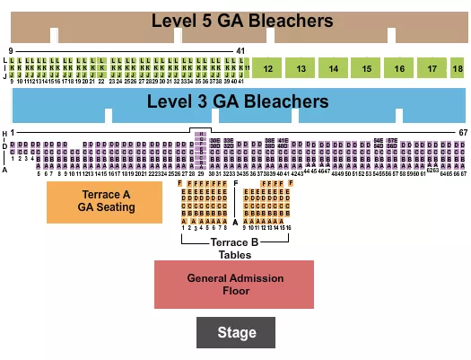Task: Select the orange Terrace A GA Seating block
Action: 105,202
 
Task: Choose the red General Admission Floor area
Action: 234,285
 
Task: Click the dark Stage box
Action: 236,333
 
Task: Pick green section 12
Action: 268,68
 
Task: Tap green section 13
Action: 301,68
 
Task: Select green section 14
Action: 334,68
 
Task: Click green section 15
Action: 366,68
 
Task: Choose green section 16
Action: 399,68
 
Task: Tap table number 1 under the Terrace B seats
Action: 183,228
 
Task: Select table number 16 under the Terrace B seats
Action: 289,228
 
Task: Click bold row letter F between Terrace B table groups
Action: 236,184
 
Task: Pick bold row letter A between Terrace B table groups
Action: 236,221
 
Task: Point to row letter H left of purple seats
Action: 5,135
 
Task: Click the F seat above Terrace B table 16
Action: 289,184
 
